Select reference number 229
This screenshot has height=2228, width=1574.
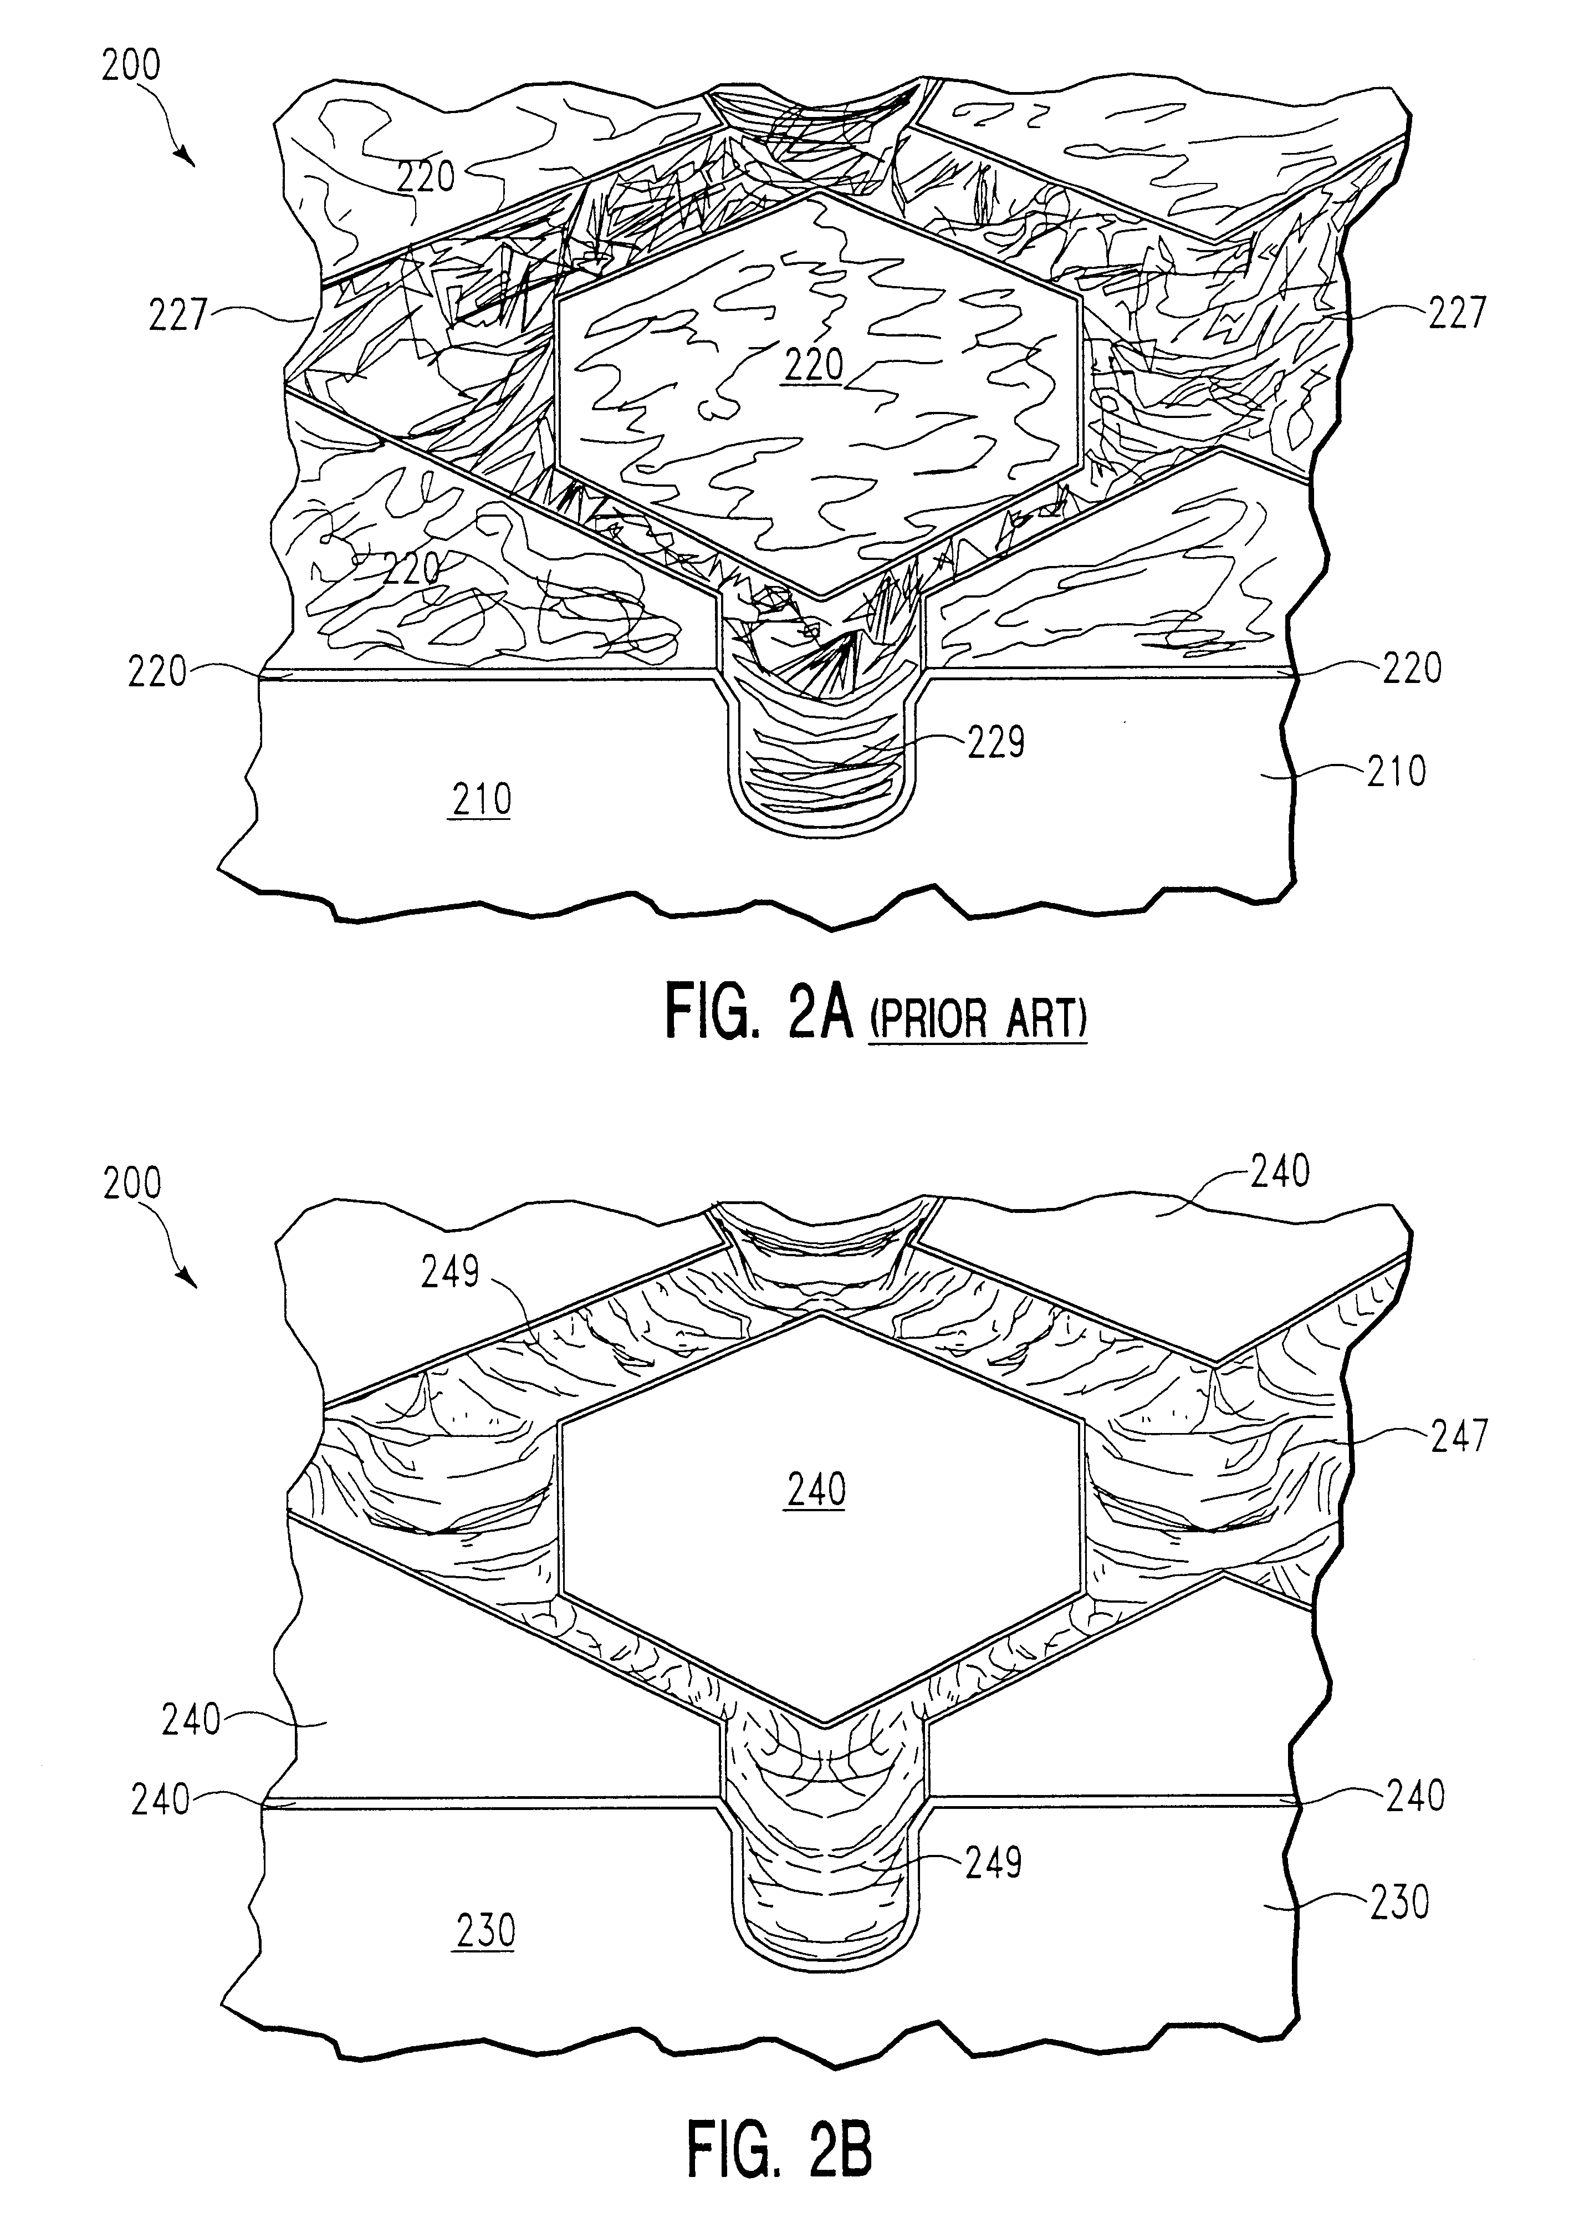point(995,743)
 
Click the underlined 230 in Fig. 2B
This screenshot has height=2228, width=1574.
point(484,1931)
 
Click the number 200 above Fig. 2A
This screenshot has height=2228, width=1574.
point(131,66)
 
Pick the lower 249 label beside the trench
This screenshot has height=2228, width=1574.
point(994,1861)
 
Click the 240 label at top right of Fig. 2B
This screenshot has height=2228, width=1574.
point(1280,1171)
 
